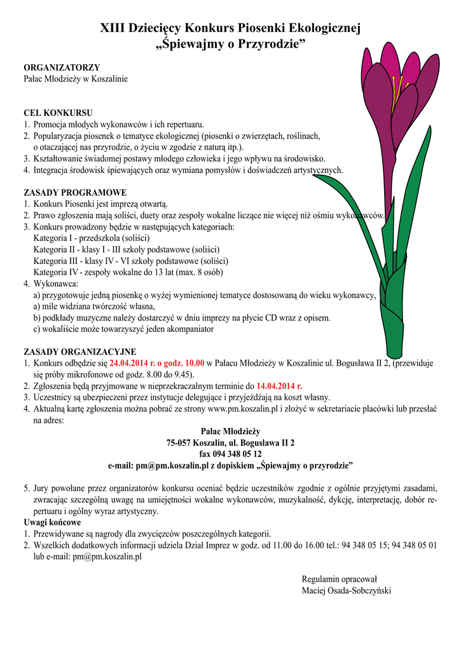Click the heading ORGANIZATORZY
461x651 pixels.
click(x=62, y=67)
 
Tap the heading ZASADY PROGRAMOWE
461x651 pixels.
click(x=75, y=193)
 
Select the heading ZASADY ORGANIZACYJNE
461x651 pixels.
click(x=79, y=352)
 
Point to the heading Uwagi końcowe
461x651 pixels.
click(x=52, y=523)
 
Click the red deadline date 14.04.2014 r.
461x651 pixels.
click(x=279, y=386)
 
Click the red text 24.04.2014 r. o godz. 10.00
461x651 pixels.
click(x=157, y=364)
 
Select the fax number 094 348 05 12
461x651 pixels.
click(x=230, y=454)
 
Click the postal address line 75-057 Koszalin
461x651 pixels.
click(x=230, y=442)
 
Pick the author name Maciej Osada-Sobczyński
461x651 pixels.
click(x=347, y=591)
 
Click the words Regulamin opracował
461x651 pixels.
click(x=340, y=579)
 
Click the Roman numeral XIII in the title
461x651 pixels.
click(x=114, y=29)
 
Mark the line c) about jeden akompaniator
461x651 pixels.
click(x=123, y=329)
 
